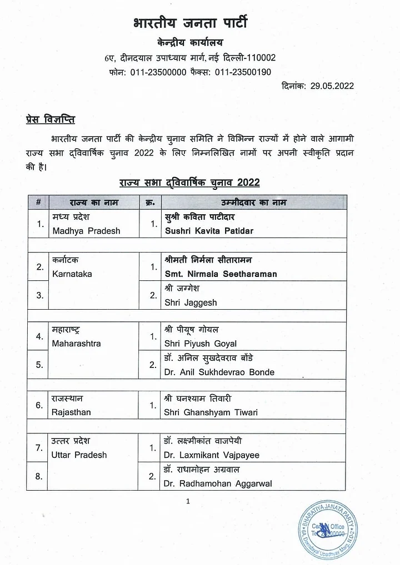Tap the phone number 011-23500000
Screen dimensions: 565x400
click(x=158, y=72)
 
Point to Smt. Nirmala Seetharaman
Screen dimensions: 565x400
click(x=221, y=274)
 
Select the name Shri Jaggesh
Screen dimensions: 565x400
click(x=191, y=302)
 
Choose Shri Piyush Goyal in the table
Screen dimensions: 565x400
click(x=201, y=344)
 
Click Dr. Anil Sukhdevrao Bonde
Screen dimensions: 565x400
click(x=219, y=372)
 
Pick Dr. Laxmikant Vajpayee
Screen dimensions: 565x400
click(x=212, y=455)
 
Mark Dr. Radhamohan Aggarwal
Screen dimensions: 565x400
click(x=218, y=483)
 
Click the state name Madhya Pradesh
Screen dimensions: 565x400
click(x=86, y=230)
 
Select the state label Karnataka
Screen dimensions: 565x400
click(x=72, y=274)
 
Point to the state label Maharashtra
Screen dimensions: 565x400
click(x=77, y=344)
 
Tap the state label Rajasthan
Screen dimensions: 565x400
click(x=71, y=412)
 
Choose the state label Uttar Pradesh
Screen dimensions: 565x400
click(x=79, y=455)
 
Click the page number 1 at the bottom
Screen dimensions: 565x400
click(x=188, y=502)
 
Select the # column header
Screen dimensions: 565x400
click(x=38, y=203)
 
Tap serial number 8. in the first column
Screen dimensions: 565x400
click(x=39, y=476)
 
